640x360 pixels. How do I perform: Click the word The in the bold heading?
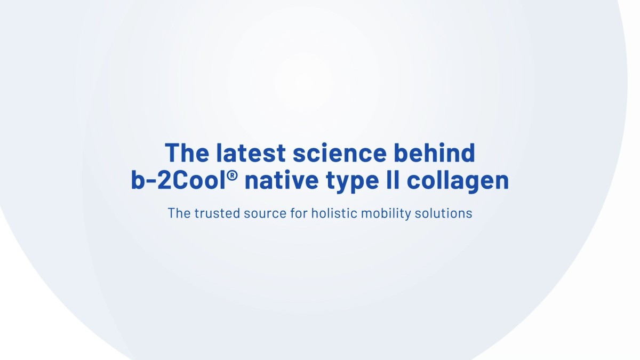click(187, 153)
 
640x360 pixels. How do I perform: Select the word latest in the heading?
click(250, 153)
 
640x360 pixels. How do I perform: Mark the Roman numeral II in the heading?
click(392, 181)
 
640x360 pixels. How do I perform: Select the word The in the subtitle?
click(179, 213)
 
